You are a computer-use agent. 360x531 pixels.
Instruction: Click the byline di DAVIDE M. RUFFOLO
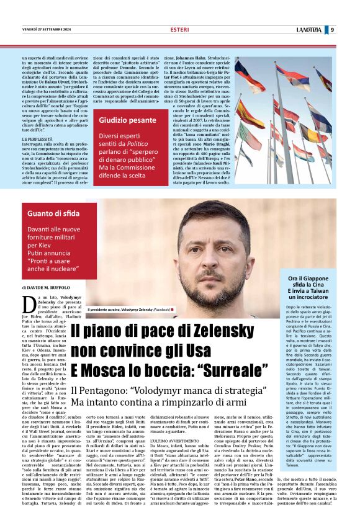point(47,288)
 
